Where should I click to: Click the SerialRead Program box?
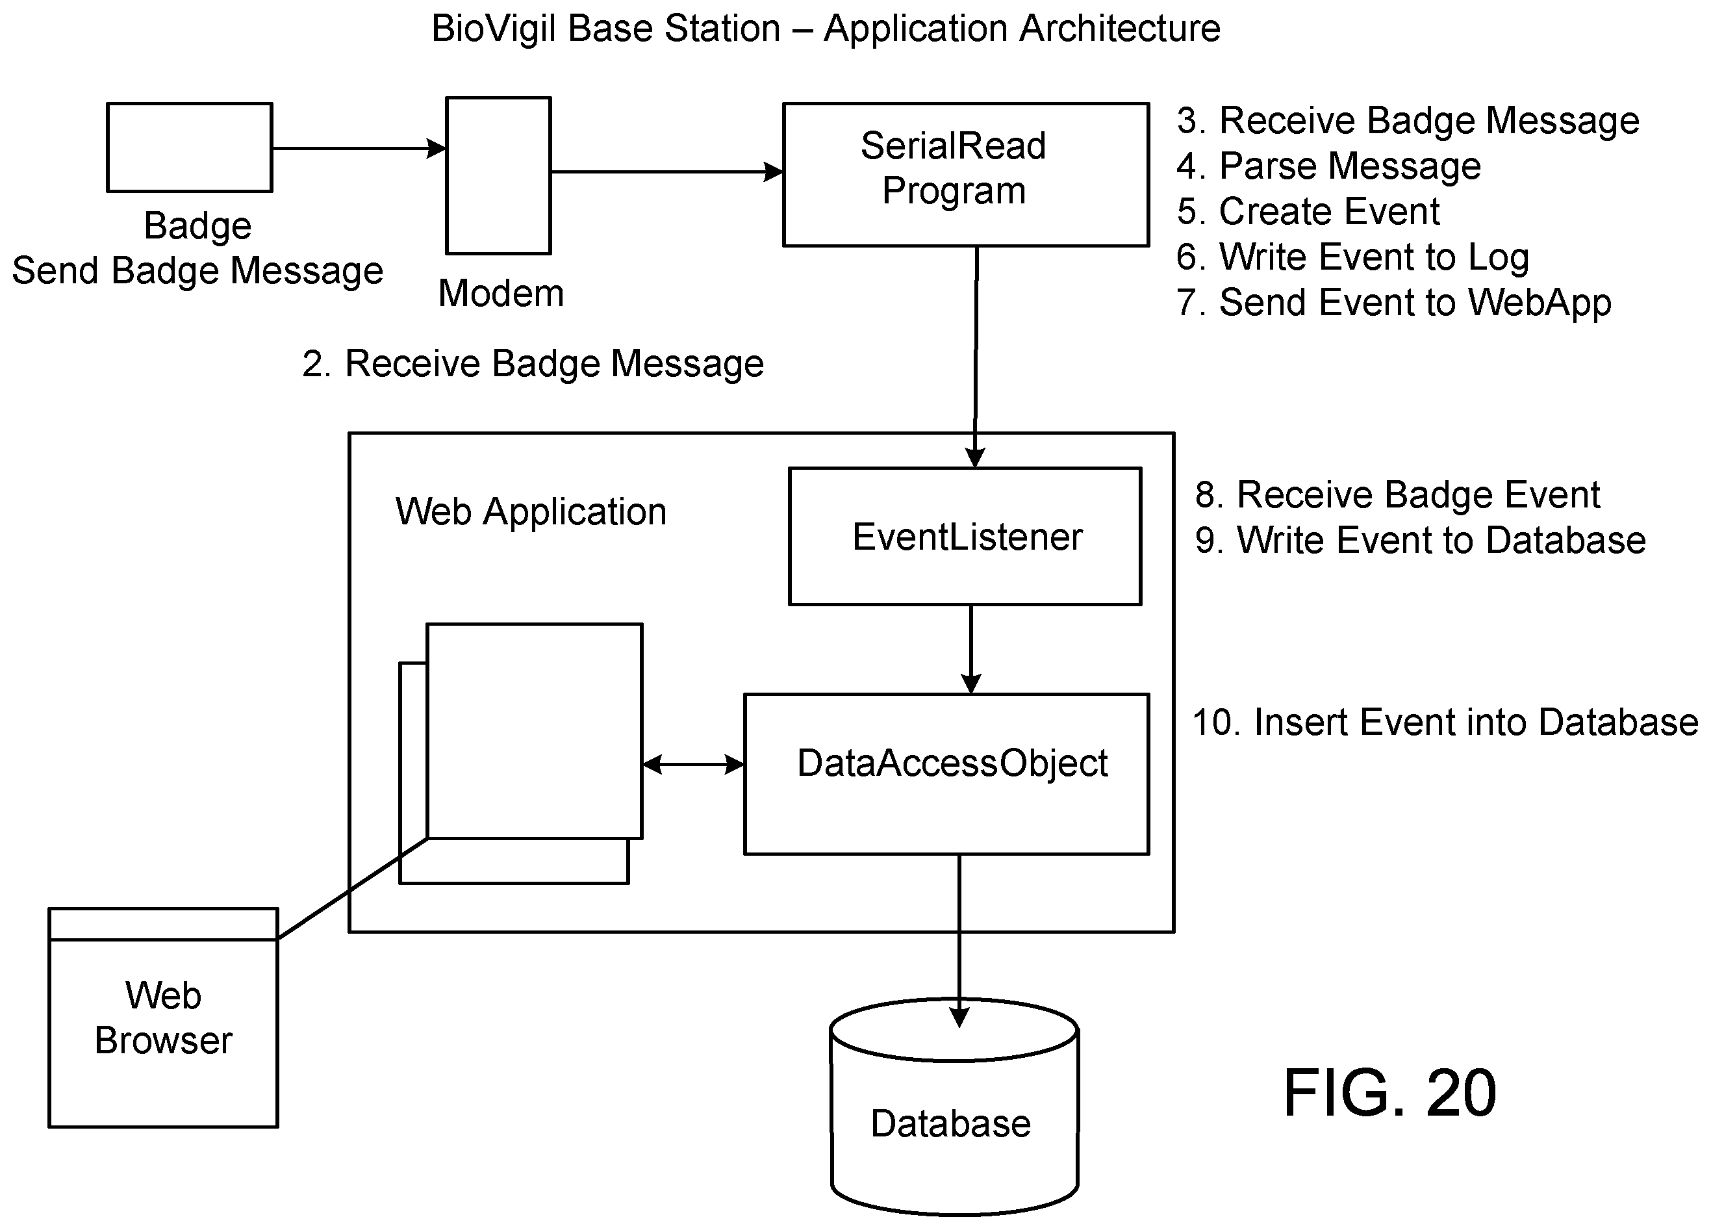tap(966, 174)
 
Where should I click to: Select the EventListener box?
tap(965, 537)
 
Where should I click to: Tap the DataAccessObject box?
tap(947, 775)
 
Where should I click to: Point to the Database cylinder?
tap(954, 1107)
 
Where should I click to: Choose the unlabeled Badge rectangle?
tap(190, 147)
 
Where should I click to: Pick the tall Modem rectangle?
tap(499, 175)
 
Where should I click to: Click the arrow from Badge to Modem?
tap(359, 148)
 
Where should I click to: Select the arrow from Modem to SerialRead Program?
tap(667, 172)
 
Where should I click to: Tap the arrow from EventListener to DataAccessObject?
tap(971, 649)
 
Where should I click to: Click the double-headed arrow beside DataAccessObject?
tap(693, 764)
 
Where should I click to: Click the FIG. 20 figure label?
tap(1389, 1093)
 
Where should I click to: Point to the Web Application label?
tap(531, 511)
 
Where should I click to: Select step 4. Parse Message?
tap(1328, 166)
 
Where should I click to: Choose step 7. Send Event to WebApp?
tap(1393, 303)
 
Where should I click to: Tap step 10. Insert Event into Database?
tap(1445, 721)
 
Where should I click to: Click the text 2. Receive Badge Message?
tap(533, 364)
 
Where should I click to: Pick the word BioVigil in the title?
tap(494, 29)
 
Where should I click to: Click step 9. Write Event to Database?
tap(1421, 541)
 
